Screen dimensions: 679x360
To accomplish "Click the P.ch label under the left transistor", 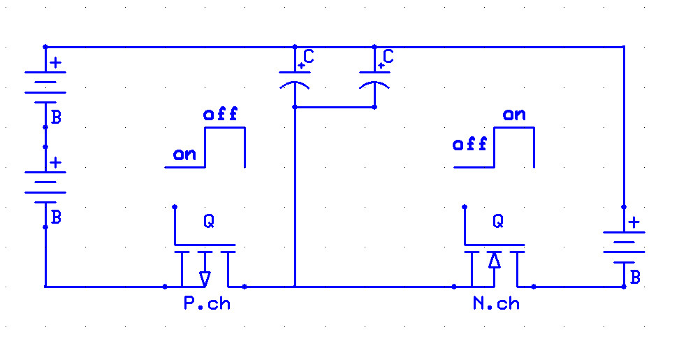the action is (207, 303).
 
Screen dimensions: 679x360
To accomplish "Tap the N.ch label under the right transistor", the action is (496, 303).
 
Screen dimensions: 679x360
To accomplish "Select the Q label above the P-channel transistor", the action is (209, 222).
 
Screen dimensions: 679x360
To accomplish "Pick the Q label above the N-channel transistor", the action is (498, 222).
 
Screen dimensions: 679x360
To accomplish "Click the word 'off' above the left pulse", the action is (221, 114).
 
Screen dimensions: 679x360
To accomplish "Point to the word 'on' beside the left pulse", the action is (184, 154).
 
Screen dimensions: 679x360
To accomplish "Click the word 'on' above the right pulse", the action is (514, 115).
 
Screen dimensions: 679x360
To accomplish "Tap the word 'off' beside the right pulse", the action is (470, 144).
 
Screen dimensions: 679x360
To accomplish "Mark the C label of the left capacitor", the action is (309, 57).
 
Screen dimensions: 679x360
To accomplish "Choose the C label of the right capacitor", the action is (388, 57).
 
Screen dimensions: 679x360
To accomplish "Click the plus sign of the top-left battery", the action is (55, 63).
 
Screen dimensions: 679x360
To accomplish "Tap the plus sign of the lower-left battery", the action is (55, 163).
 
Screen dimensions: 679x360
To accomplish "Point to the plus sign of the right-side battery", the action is (634, 223).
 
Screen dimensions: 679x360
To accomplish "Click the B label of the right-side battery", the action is (635, 278).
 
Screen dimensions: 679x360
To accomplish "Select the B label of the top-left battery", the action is (57, 117).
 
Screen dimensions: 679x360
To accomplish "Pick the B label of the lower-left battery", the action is (57, 217).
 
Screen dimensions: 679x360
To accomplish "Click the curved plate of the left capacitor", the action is (295, 82).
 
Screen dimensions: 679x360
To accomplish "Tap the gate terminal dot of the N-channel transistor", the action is (465, 207).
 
